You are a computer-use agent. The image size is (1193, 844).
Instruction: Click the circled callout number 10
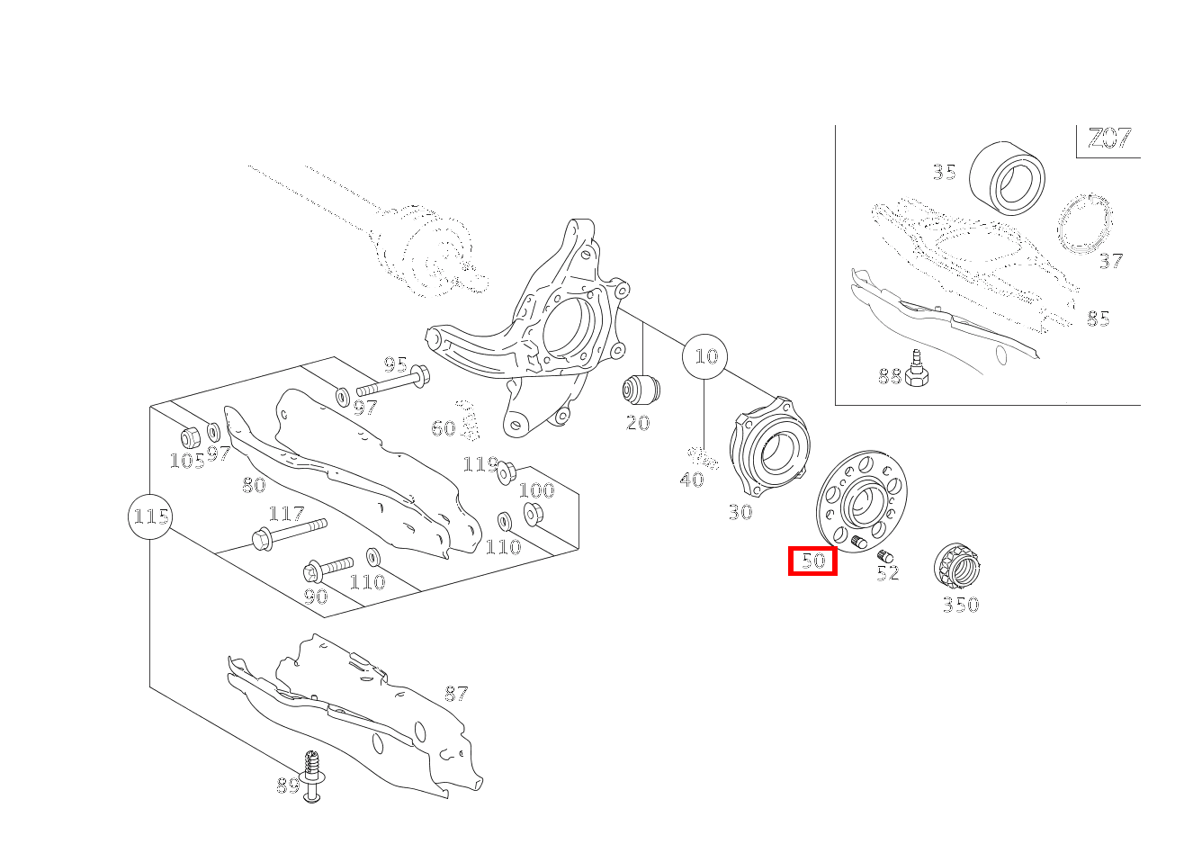coord(704,356)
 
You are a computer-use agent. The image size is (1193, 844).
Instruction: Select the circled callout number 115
coord(151,516)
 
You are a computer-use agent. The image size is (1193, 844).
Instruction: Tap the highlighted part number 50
coord(812,561)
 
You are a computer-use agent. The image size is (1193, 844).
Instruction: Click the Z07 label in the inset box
coord(1109,138)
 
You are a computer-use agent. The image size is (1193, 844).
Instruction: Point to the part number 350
coord(960,605)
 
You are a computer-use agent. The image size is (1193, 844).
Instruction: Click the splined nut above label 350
coord(956,565)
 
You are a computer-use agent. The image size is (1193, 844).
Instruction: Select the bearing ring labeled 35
coord(1007,178)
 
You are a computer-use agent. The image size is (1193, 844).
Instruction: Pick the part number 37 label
coord(1111,261)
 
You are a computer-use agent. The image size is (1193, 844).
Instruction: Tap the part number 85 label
coord(1099,319)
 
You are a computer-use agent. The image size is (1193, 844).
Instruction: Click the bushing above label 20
coord(641,390)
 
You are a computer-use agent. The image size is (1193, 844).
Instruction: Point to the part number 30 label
coord(740,512)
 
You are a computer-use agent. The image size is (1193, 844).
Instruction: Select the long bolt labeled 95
coord(393,380)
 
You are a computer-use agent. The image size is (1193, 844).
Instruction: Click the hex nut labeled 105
coord(189,437)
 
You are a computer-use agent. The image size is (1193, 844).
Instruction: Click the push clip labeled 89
coord(311,777)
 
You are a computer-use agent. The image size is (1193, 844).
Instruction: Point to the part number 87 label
coord(456,694)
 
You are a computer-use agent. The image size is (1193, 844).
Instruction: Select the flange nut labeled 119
coord(506,473)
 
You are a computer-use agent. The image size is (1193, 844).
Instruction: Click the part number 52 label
coord(888,573)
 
